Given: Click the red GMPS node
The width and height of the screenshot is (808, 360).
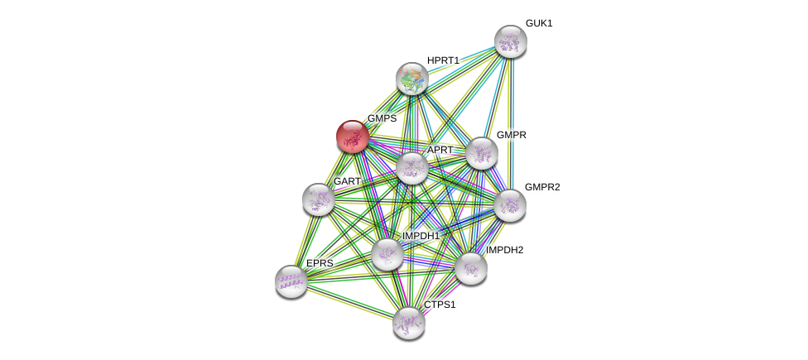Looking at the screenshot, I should coord(352,137).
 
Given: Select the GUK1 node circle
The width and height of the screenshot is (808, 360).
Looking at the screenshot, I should coord(511,41).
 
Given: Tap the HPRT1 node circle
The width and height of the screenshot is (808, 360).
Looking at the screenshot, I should coord(411,79).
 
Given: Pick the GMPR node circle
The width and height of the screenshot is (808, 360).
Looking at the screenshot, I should coord(481,153).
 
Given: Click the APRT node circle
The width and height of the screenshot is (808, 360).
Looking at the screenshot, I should coord(411,168).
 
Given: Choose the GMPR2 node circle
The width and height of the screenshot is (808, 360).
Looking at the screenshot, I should coord(510,205).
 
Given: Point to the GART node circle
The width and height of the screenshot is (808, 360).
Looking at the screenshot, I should coord(318,199).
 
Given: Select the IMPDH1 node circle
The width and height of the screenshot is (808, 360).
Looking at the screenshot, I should coord(387,254).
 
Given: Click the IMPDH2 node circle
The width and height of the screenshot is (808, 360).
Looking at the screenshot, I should coord(470,268).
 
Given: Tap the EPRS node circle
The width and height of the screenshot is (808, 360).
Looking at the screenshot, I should coord(291,281).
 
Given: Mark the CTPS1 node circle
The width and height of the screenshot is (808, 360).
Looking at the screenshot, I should coord(408,323).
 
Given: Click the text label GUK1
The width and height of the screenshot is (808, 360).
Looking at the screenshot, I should coord(539,23).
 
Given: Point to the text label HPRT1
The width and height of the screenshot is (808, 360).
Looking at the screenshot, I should coord(443,60).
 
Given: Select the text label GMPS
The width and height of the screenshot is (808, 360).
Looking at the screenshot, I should coord(382,118).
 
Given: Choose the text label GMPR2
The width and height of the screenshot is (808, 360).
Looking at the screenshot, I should coord(542,187).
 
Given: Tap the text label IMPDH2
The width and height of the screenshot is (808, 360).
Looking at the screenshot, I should coord(504,250).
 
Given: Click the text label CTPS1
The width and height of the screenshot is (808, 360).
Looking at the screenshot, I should coord(440,305).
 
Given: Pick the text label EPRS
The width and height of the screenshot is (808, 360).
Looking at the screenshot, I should coord(320,263).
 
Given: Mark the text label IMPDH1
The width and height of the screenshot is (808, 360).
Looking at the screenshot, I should coord(421,236).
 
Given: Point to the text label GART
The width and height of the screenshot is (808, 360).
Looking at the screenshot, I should coord(347,181).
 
